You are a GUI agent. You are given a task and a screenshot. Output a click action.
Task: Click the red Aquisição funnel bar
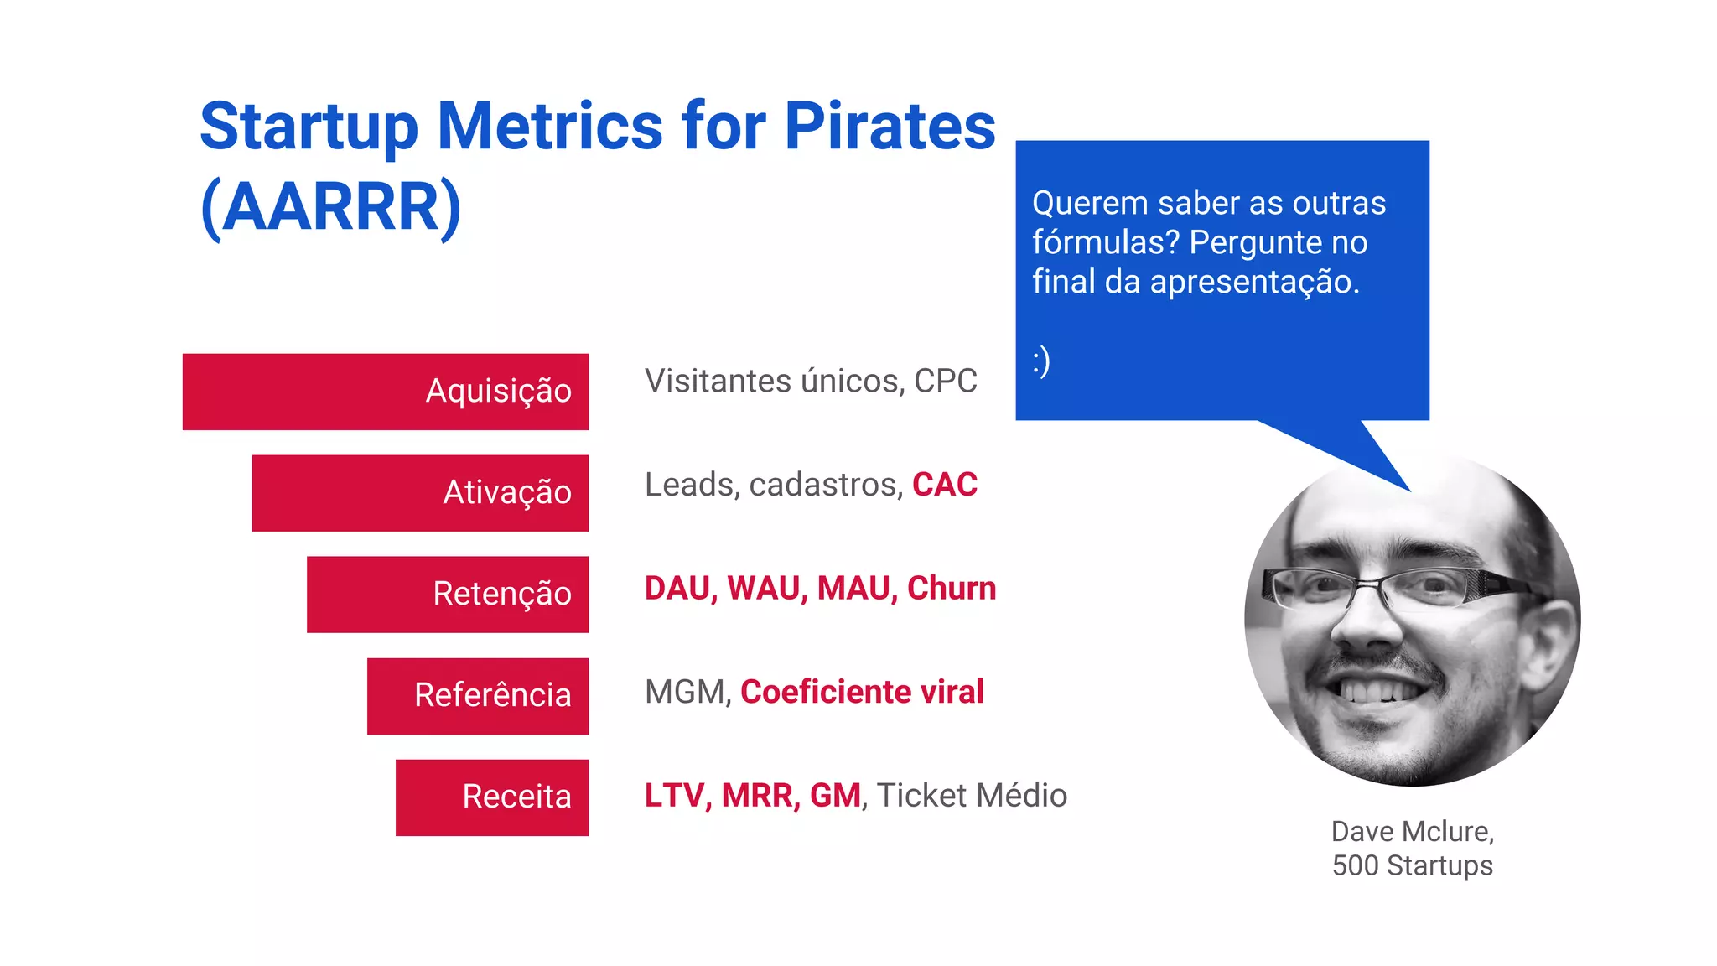[x=385, y=392]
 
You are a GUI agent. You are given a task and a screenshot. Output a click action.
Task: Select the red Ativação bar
[x=419, y=493]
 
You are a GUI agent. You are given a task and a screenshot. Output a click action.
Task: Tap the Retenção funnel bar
[x=447, y=595]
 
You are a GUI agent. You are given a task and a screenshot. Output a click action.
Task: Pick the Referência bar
[x=477, y=696]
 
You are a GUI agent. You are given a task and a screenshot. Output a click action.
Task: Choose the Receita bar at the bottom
[x=491, y=797]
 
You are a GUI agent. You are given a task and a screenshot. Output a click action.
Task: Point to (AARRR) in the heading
[x=331, y=206]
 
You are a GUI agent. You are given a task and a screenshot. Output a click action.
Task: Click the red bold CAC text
[x=944, y=485]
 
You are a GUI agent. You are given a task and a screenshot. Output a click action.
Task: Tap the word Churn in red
[x=951, y=588]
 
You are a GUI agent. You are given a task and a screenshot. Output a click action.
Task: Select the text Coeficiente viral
[x=861, y=692]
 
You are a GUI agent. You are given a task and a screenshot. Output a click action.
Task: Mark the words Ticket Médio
[x=972, y=795]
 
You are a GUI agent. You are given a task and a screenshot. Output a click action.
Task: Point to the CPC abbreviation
[x=945, y=381]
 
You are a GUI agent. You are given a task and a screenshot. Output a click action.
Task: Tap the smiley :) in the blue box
[x=1041, y=361]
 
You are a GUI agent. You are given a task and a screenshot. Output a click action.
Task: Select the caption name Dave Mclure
[x=1412, y=831]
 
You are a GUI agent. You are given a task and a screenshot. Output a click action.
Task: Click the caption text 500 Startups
[x=1412, y=865]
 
